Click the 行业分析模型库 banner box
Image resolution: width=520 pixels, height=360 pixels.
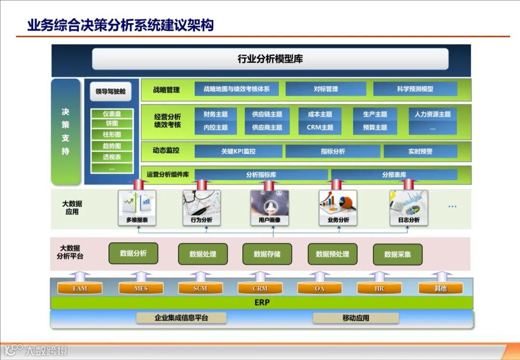point(270,59)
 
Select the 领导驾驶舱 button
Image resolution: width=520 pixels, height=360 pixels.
point(110,91)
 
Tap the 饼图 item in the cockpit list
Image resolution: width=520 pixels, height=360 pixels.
point(112,124)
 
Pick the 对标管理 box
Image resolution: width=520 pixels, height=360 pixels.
point(325,89)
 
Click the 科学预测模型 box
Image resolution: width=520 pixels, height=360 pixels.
point(415,89)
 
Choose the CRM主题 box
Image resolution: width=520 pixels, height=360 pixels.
point(320,128)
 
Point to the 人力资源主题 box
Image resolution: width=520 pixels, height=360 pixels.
point(432,115)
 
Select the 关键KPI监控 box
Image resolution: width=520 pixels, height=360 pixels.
point(238,151)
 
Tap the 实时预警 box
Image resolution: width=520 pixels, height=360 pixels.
point(420,151)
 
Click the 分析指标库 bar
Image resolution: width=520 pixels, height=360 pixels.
point(261,175)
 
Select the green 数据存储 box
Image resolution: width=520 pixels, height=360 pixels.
point(267,254)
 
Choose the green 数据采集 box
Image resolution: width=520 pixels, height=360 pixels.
point(397,254)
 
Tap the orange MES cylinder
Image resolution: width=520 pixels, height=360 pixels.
point(141,288)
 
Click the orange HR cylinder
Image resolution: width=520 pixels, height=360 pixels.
point(379,288)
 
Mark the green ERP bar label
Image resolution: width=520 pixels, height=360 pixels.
point(262,303)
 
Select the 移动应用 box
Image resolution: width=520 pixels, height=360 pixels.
point(356,318)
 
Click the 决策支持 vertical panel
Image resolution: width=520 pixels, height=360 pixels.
point(65,131)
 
